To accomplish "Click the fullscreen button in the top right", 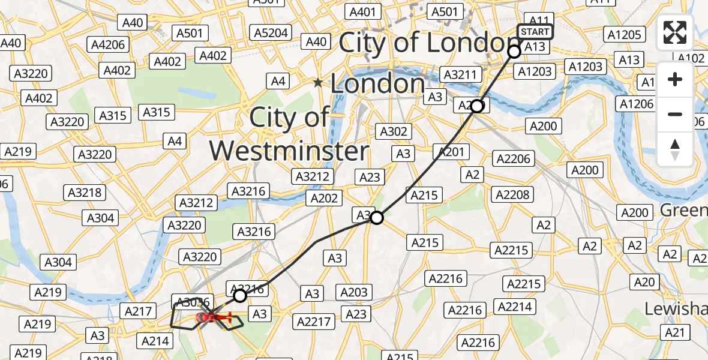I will pos(675,32).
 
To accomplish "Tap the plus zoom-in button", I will pos(675,79).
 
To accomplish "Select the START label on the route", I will pos(534,32).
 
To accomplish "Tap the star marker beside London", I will pos(319,83).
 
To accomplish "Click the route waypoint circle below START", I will pos(514,52).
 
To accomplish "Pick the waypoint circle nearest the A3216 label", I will pos(240,296).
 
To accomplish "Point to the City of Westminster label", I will pos(289,134).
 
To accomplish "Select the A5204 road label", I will pos(271,33).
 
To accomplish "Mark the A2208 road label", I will pos(512,194).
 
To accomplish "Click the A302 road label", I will pos(394,131).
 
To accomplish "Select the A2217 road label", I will pos(314,322).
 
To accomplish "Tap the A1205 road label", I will pos(624,35).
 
